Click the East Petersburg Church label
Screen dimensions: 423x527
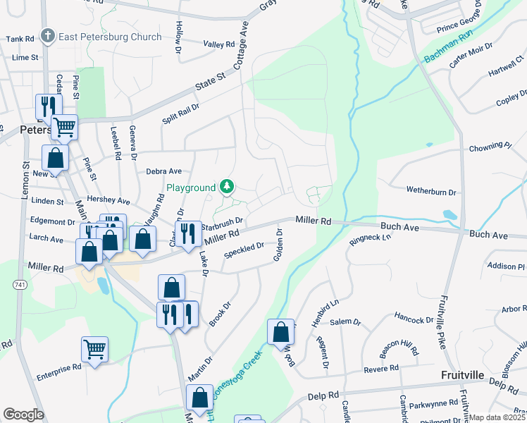point(110,37)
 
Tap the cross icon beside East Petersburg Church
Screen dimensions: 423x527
point(48,35)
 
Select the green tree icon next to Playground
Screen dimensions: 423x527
point(227,187)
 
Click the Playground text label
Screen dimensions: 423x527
point(190,188)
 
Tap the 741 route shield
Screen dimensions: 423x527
point(14,283)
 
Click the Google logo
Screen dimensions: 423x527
point(23,415)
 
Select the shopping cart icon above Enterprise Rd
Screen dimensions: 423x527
point(94,349)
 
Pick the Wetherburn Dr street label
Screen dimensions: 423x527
point(431,190)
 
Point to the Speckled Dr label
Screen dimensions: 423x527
point(244,250)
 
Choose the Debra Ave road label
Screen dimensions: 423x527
point(163,171)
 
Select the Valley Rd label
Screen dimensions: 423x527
point(218,44)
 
